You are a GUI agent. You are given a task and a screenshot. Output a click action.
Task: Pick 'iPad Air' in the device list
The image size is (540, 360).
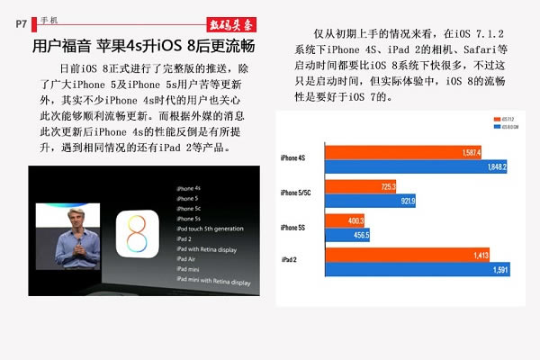[x=188, y=256]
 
